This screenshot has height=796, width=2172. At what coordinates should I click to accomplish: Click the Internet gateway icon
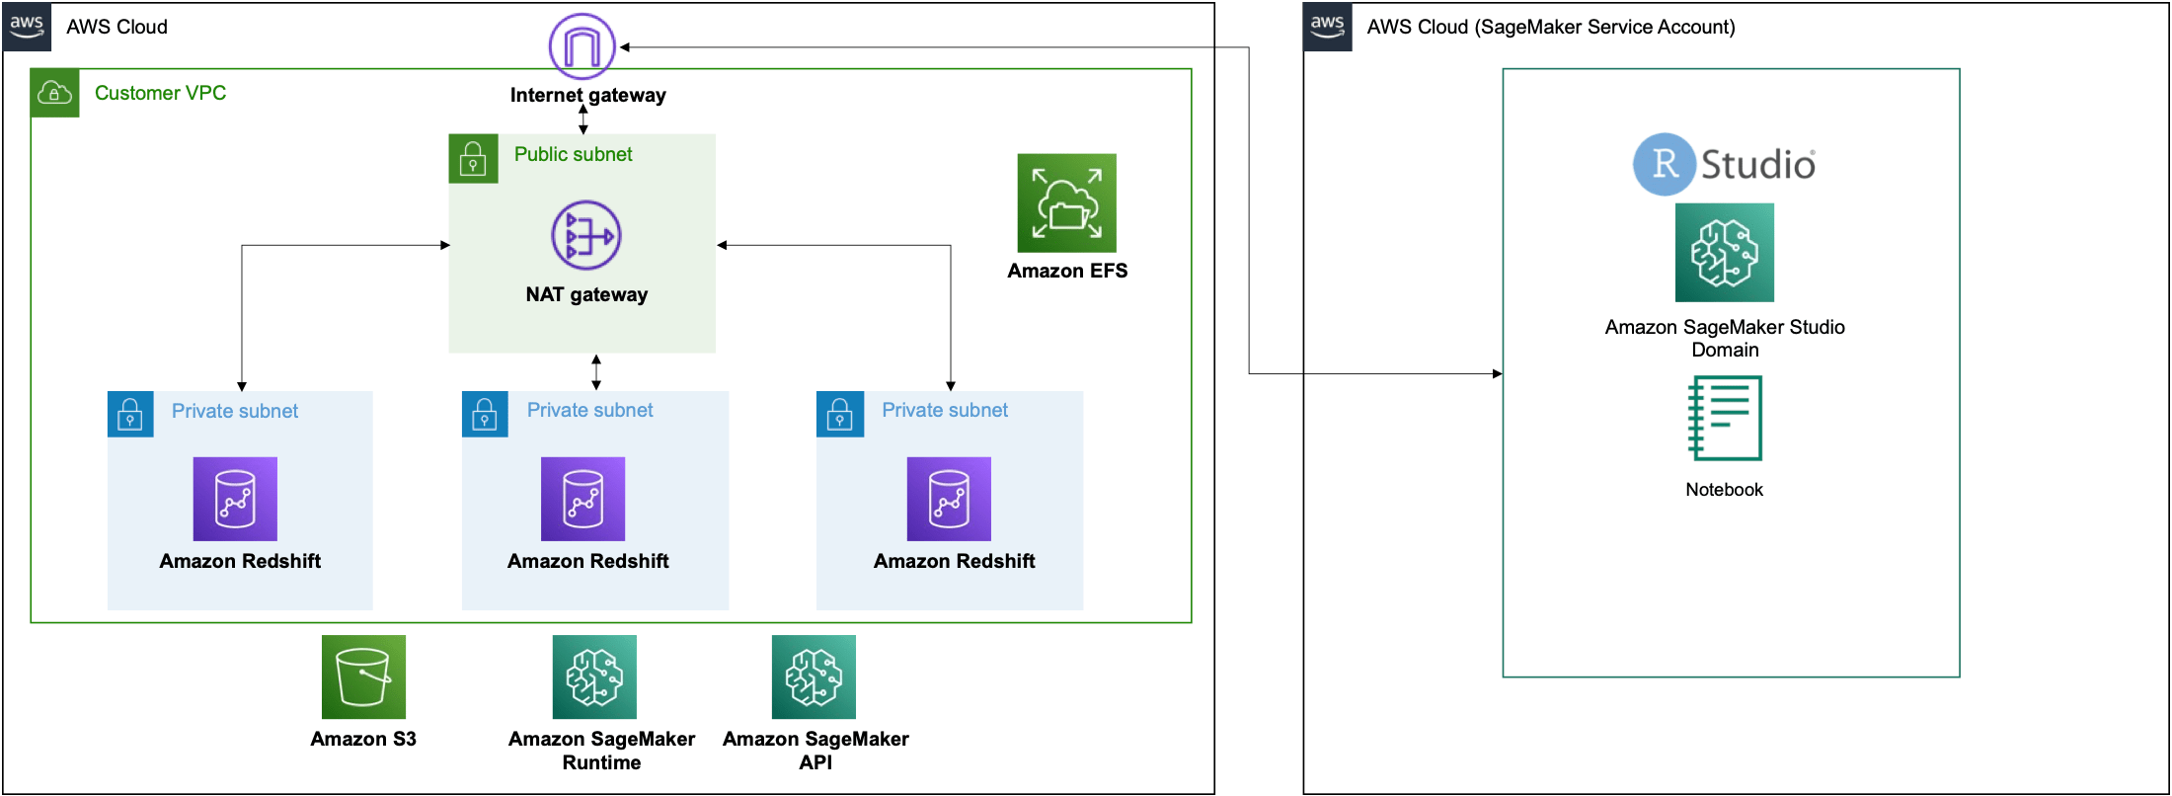click(x=582, y=46)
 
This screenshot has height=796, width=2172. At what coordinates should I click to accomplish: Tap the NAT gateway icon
click(x=586, y=235)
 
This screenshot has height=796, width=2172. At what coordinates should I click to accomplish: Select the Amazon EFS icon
click(x=1067, y=202)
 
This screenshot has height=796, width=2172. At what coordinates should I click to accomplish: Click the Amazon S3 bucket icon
click(x=363, y=677)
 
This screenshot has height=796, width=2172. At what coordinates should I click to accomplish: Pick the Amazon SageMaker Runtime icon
click(x=594, y=677)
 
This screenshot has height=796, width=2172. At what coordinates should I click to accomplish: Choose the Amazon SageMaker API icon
click(x=814, y=677)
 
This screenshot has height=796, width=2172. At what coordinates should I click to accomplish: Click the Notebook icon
click(x=1725, y=418)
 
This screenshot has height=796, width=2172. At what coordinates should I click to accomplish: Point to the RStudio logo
click(x=1724, y=164)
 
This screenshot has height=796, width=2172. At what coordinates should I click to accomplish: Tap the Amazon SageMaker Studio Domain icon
click(x=1725, y=253)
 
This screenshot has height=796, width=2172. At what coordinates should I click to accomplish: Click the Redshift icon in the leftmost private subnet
click(x=235, y=499)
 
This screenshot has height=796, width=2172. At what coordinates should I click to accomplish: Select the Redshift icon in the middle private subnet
click(x=583, y=499)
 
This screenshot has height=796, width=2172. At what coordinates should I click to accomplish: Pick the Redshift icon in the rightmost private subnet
click(x=949, y=499)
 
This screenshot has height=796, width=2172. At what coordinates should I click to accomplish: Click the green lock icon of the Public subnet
click(x=473, y=159)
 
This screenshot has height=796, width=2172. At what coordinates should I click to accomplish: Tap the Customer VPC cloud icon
click(x=54, y=93)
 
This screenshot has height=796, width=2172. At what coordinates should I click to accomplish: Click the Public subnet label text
click(x=574, y=154)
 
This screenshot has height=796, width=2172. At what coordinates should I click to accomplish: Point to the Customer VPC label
click(x=161, y=93)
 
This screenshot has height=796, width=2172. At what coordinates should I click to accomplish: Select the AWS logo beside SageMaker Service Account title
click(x=1328, y=27)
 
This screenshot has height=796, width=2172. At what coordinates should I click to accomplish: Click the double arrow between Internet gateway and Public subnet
click(x=583, y=119)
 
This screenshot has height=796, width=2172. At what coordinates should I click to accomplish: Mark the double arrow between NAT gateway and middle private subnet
click(x=596, y=372)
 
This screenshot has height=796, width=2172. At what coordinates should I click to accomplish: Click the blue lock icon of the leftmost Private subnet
click(x=130, y=415)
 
